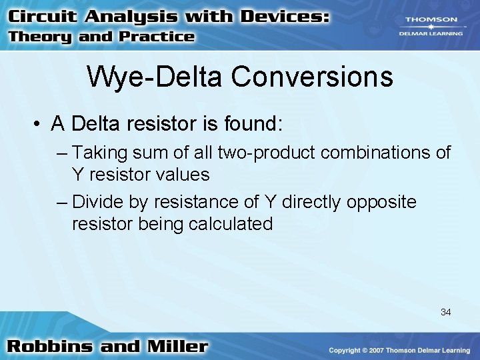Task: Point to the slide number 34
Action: coord(445,311)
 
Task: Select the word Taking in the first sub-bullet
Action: coord(99,153)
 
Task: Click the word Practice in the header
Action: coord(156,37)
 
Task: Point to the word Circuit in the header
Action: coord(41,16)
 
